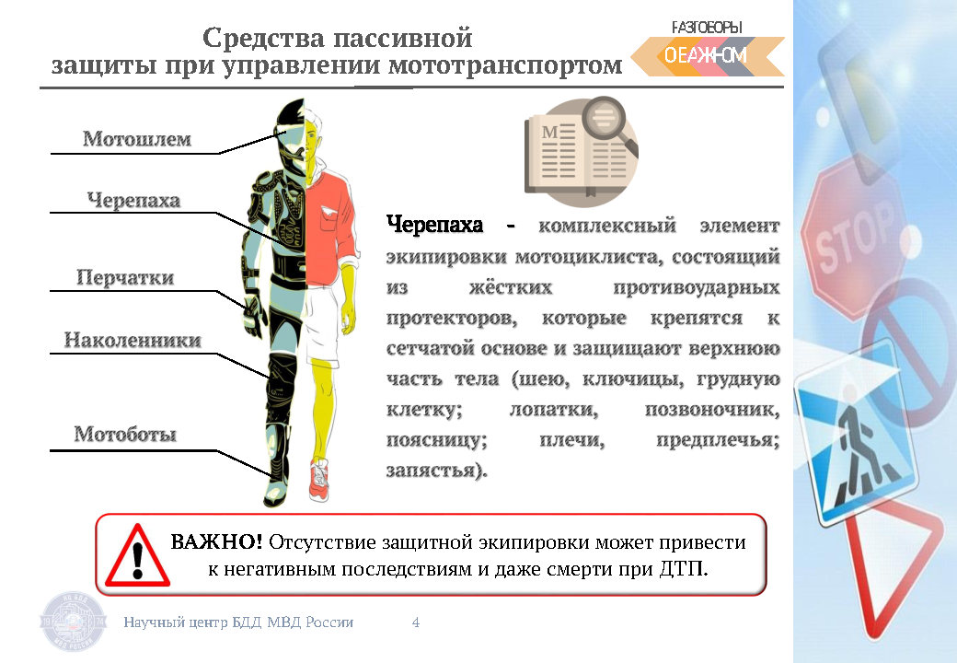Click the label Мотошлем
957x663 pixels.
137,138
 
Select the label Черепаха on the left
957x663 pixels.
133,200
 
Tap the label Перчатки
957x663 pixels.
125,278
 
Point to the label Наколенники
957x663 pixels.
133,340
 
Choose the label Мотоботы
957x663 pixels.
125,434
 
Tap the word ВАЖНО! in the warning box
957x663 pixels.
216,541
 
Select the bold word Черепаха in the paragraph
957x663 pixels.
434,226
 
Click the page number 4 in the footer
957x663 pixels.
416,622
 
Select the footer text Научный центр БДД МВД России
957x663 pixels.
238,622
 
